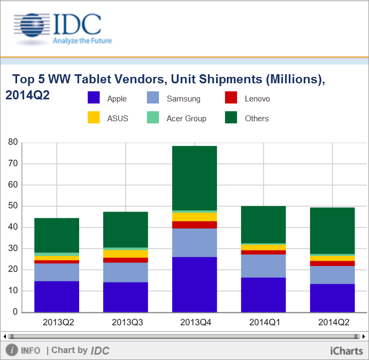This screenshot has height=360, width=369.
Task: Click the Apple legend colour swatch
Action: (94, 98)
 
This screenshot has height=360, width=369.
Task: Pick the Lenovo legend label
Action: (257, 99)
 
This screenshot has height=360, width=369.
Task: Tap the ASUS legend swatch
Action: (94, 118)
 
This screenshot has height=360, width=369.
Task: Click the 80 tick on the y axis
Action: (12, 143)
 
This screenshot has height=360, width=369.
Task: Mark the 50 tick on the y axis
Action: (12, 206)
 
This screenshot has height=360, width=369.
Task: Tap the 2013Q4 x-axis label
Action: (194, 323)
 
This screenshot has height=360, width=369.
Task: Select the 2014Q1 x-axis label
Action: (263, 323)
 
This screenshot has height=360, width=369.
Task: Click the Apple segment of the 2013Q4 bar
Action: (194, 284)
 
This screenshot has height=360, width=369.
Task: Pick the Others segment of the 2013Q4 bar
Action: (194, 178)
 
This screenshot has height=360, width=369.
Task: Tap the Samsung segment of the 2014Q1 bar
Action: (263, 266)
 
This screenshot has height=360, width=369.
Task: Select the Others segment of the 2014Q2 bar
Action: (332, 231)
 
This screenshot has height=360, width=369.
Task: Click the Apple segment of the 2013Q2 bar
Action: (57, 296)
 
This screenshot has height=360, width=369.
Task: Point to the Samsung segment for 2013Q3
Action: (126, 272)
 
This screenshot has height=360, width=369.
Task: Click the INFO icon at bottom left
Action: (12, 350)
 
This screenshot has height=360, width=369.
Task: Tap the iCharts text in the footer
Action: (347, 350)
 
